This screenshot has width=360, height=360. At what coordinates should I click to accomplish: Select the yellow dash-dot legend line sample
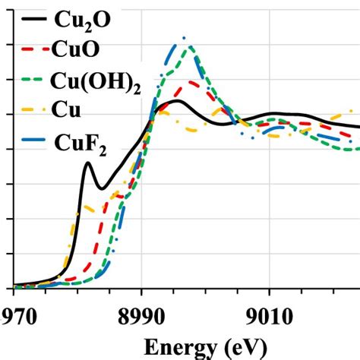pos(32,111)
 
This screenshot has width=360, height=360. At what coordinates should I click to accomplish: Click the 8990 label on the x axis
pos(142,315)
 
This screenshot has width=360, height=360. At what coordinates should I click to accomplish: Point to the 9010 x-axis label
pos(269,315)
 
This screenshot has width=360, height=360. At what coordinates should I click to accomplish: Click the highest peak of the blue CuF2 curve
pos(183,37)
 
